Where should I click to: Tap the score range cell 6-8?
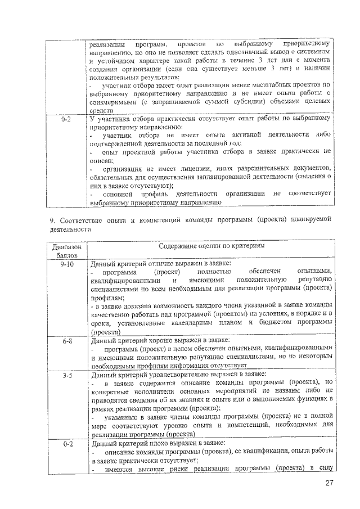click(x=65, y=341)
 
